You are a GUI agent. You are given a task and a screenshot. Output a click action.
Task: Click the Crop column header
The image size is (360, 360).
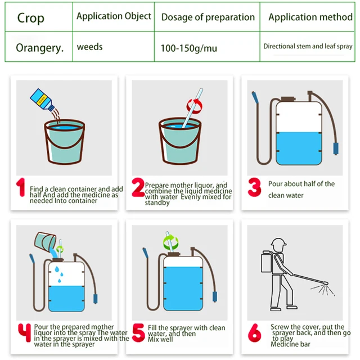[x=31, y=18]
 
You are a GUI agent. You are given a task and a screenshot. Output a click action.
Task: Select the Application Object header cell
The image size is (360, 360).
[x=114, y=16]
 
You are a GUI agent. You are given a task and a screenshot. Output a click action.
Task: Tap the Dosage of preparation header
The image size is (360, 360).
[x=208, y=17]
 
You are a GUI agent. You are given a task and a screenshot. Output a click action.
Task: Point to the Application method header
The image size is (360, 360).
[x=310, y=17]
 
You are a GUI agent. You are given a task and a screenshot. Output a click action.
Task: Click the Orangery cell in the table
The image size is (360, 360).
[x=40, y=48]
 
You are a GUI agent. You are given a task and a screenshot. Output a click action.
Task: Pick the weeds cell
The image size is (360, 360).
[x=90, y=47]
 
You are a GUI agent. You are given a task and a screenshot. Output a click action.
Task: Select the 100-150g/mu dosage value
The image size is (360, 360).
[x=189, y=48]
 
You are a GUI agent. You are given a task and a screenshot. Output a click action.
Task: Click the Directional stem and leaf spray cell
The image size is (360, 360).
[x=308, y=46]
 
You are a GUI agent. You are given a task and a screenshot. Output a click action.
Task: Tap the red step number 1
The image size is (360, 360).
[x=21, y=187]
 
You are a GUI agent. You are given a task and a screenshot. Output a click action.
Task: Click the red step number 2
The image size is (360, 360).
[x=138, y=187]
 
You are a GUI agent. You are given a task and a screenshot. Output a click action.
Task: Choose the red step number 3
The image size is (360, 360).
[x=255, y=187]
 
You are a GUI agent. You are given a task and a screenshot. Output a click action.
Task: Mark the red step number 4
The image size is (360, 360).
[x=25, y=332]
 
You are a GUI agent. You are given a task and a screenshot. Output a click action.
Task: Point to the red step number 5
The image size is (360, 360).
[x=138, y=332]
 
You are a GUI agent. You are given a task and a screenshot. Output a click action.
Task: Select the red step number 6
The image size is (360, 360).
[x=255, y=332]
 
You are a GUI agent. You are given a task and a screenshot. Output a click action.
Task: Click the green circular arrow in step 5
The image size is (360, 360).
[x=171, y=243]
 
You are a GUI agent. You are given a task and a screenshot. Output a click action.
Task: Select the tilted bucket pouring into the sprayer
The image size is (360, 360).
[x=45, y=241]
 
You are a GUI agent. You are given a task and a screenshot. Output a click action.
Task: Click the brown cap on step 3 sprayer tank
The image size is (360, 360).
[x=288, y=99]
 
